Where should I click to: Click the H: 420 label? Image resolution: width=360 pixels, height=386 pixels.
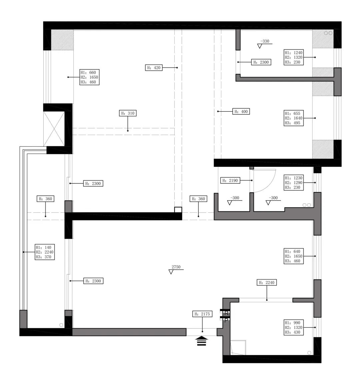point(154,68)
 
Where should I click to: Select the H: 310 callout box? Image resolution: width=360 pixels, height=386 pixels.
point(128,113)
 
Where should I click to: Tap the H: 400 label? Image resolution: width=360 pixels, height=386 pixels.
point(241,112)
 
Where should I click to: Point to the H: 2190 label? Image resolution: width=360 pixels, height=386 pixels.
point(230,181)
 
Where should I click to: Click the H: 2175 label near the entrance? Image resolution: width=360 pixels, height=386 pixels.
point(202,314)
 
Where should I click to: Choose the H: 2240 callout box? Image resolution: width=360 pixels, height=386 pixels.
point(267,282)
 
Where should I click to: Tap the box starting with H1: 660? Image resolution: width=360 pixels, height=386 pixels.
point(89,77)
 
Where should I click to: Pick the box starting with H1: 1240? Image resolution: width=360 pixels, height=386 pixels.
point(294,57)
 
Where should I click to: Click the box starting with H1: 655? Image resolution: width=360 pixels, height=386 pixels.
point(294,118)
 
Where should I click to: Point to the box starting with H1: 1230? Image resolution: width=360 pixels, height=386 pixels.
point(294,183)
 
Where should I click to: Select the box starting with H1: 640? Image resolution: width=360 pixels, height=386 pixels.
point(294,256)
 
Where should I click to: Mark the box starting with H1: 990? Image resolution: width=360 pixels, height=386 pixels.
point(294,328)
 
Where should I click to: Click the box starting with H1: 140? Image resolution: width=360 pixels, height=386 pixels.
point(45,252)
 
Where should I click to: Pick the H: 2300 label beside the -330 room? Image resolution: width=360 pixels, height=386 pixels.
point(261,62)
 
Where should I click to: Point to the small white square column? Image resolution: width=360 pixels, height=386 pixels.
point(178,210)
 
